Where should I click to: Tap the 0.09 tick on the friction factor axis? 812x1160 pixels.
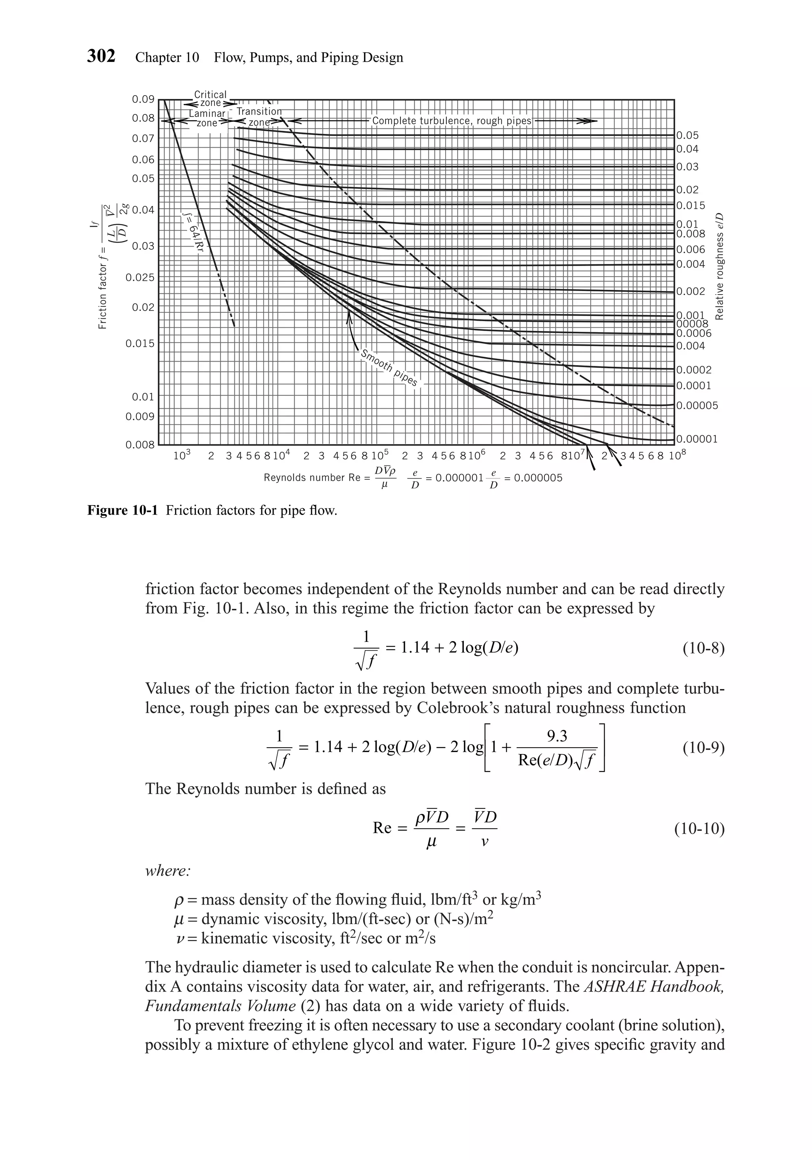click(x=143, y=99)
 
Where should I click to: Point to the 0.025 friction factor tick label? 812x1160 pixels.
click(x=140, y=278)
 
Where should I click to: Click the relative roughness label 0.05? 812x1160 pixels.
click(x=687, y=136)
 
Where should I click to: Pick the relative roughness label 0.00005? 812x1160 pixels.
click(x=697, y=406)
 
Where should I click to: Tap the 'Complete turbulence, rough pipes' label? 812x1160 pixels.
click(x=452, y=121)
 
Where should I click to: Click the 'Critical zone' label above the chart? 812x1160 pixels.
click(x=210, y=99)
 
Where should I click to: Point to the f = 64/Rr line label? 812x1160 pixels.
click(x=192, y=235)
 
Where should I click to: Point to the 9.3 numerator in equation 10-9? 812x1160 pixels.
click(x=557, y=737)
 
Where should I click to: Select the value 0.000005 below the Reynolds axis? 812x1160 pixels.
click(x=538, y=478)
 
